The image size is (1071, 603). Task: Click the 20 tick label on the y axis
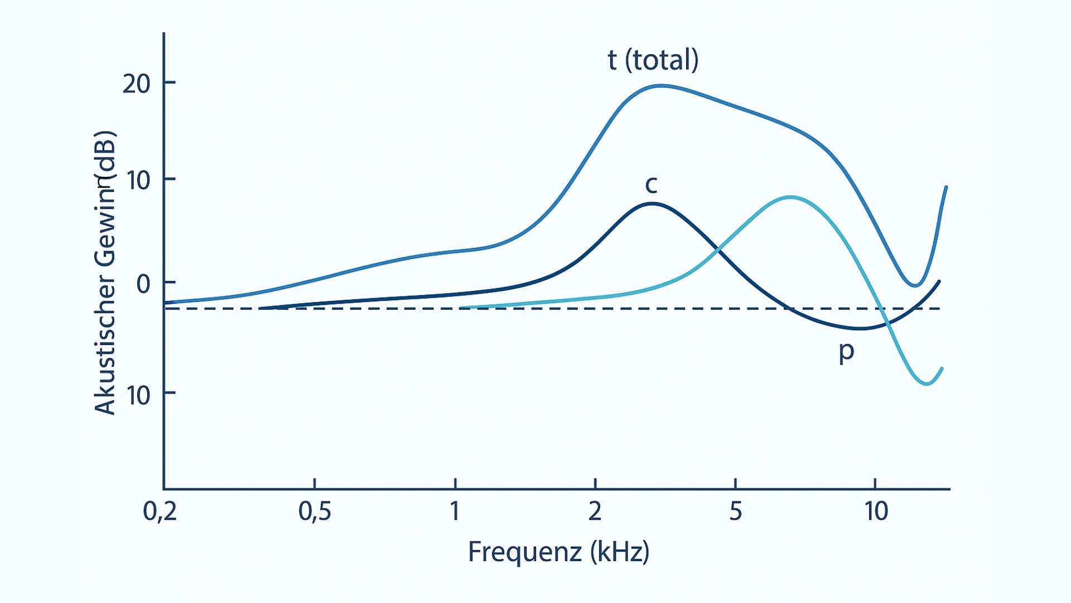pos(137,84)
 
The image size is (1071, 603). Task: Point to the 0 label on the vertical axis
pos(143,284)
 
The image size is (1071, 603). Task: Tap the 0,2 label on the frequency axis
pos(160,511)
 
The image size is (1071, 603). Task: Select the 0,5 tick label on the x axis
pos(315,511)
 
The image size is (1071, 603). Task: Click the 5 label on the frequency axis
pos(736,511)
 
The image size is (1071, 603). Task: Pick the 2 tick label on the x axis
pos(595,511)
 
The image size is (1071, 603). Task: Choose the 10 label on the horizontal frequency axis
pos(876,511)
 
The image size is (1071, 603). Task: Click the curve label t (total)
pos(653,60)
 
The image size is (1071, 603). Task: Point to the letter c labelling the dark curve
pos(651,184)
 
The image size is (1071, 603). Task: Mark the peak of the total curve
pos(660,85)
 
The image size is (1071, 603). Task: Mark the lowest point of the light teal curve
pos(927,384)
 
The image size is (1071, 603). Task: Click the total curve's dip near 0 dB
pos(914,285)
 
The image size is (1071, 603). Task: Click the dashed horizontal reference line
pos(558,308)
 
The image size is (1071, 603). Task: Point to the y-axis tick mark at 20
pos(170,83)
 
